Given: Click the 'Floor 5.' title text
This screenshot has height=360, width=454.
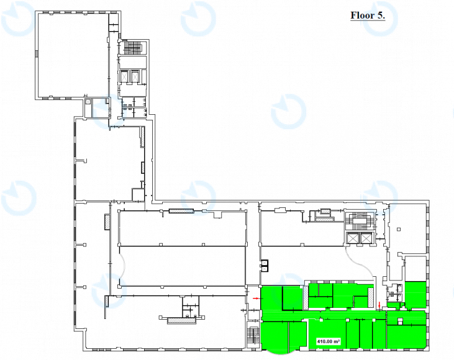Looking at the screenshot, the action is click(368, 16).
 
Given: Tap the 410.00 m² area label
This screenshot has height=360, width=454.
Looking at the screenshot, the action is click(329, 341).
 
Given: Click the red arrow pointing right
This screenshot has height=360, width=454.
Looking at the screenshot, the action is click(256, 298).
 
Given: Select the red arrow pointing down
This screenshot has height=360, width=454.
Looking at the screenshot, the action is click(380, 305).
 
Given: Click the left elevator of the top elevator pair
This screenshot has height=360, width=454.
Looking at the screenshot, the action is click(124, 76).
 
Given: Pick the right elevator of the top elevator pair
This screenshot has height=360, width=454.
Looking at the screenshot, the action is click(135, 76).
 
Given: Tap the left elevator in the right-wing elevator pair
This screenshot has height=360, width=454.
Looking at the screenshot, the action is click(353, 238).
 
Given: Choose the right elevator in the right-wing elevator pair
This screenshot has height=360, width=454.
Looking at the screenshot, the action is click(366, 238).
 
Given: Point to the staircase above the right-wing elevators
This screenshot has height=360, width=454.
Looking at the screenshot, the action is click(359, 222).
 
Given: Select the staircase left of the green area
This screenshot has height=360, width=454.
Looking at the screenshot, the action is click(253, 338).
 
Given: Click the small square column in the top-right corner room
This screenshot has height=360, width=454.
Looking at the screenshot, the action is click(399, 230).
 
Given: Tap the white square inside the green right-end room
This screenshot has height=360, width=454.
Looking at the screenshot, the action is click(400, 321).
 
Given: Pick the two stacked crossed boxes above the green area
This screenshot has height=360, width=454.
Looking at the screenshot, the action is click(265, 266).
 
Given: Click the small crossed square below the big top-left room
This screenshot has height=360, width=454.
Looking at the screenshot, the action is click(88, 102).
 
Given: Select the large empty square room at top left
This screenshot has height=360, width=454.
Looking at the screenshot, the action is click(73, 55).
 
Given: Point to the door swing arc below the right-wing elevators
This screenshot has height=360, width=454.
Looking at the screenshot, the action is click(360, 264).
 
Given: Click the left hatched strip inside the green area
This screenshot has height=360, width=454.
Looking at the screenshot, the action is click(306, 298).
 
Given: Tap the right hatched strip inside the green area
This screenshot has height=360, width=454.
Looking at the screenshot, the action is click(371, 297).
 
